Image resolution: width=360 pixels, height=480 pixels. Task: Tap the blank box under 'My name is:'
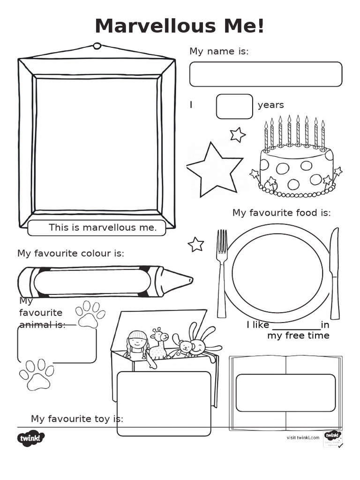click(265, 74)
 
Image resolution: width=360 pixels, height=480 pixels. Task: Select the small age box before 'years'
click(234, 106)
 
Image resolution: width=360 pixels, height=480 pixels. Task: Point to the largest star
click(214, 170)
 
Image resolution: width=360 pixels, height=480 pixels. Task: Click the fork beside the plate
click(222, 272)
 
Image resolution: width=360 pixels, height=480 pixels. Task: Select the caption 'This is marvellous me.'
click(102, 228)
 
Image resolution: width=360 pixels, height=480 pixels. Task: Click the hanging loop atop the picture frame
click(97, 46)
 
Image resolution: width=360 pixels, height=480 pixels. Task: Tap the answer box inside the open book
click(285, 393)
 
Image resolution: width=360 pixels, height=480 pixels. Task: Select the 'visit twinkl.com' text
click(303, 437)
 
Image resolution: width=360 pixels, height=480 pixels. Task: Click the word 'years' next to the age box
click(270, 105)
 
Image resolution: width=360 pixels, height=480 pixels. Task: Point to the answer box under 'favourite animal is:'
click(57, 345)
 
